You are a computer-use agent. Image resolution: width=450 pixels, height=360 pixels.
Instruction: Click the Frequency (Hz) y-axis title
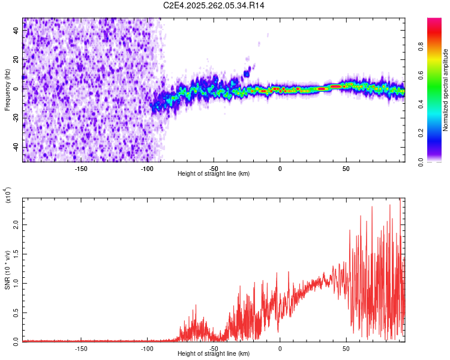coord(7,90)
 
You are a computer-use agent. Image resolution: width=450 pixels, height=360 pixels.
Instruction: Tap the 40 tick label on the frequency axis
coord(17,31)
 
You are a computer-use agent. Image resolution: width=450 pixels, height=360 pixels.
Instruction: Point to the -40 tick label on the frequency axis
coord(17,148)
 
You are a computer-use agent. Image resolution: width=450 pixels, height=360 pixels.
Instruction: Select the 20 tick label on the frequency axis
coord(17,60)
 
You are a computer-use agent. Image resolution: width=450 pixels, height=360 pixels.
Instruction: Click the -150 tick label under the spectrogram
coord(81,169)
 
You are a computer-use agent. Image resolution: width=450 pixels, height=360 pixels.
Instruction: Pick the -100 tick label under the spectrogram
coord(147,169)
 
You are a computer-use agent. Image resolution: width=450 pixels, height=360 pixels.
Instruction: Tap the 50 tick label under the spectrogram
coord(346,169)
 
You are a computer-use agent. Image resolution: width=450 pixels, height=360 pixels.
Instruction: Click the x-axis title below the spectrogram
coord(214,174)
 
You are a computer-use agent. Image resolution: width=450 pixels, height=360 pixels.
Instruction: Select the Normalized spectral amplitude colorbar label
coord(446,90)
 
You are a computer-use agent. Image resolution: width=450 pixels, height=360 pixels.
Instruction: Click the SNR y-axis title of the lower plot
coord(7,269)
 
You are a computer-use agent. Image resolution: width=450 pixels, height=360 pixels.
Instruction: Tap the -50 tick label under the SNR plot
coord(214,349)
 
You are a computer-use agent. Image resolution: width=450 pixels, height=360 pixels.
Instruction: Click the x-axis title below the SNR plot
coord(214,354)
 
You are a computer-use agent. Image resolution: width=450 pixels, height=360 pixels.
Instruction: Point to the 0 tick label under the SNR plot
coord(280,349)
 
